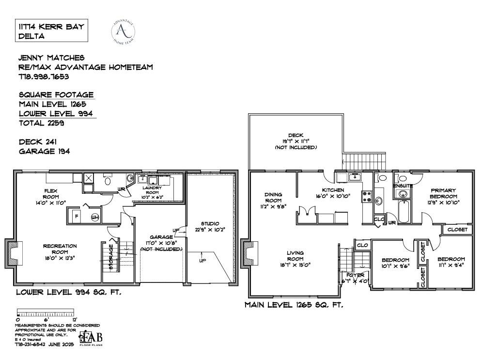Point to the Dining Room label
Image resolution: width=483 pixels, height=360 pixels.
[x=274, y=197]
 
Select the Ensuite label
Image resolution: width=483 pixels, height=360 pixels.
[x=403, y=186]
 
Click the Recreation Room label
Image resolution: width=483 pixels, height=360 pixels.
[x=60, y=249]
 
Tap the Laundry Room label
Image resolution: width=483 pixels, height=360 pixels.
[x=150, y=190]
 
